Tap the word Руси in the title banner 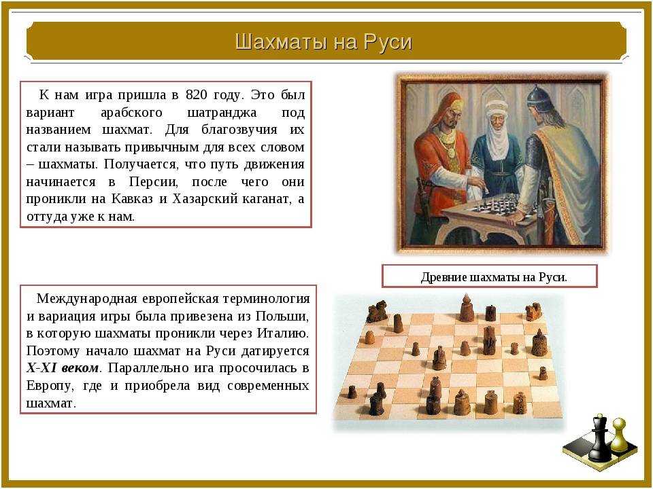[387, 42]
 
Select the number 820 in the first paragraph [196, 95]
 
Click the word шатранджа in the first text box [222, 113]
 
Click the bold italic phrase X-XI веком [63, 368]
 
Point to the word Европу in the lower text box [50, 386]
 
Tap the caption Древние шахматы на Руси [494, 277]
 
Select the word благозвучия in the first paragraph [239, 130]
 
